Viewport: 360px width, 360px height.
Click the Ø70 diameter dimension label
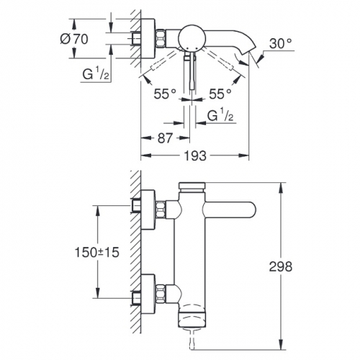(74, 39)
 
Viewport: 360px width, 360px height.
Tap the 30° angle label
(281, 44)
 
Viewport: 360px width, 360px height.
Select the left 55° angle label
(165, 94)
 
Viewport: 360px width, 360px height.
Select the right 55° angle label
(220, 94)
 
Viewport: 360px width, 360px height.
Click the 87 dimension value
(165, 138)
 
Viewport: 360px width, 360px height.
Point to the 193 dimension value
(195, 156)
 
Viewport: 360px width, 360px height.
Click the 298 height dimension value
(281, 266)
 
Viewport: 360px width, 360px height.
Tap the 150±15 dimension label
(97, 252)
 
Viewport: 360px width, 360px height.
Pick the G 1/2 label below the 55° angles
(220, 115)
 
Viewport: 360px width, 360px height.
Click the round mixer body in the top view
(192, 37)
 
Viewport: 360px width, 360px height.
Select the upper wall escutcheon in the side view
(148, 210)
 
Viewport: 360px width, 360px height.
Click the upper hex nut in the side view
(161, 210)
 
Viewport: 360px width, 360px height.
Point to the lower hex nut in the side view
(161, 293)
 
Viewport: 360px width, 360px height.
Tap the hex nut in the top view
(161, 38)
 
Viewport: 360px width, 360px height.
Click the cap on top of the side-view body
(192, 186)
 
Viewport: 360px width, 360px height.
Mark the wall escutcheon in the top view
(148, 38)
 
